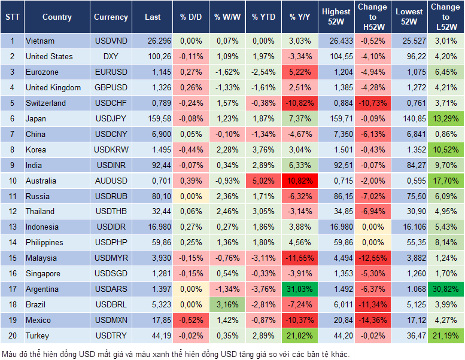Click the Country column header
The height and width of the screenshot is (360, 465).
tap(57, 17)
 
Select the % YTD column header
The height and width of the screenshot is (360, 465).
tap(263, 17)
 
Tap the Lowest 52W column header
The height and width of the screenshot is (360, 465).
tap(408, 17)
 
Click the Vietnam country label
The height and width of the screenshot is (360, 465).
tap(40, 41)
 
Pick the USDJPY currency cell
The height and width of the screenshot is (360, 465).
tap(111, 118)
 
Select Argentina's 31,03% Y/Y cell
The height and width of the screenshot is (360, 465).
tap(300, 289)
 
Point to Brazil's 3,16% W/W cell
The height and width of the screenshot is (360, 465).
tap(226, 304)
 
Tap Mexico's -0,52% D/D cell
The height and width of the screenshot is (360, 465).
tap(191, 320)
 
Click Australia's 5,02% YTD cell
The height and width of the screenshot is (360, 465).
tap(263, 181)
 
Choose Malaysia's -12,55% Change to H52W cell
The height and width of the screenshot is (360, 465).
tap(372, 258)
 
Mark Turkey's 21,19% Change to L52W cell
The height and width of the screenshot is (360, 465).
tap(446, 335)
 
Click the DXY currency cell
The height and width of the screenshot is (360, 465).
tap(111, 56)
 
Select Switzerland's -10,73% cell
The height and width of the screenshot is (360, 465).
tap(372, 103)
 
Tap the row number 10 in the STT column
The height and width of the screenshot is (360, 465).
tap(12, 181)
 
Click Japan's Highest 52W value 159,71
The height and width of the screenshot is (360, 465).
tap(336, 118)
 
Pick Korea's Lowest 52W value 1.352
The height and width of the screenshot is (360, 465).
tap(408, 150)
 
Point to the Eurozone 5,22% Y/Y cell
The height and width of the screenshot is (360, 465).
tap(300, 72)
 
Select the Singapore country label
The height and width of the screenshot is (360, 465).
tap(42, 273)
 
